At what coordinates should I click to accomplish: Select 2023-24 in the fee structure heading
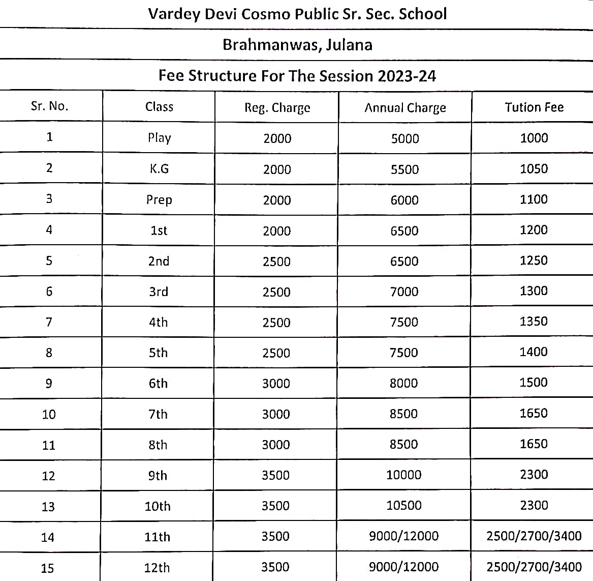tap(407, 76)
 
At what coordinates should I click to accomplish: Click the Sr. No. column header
tap(49, 106)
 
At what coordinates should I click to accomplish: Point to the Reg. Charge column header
tap(277, 108)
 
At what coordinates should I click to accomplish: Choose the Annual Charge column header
tap(405, 108)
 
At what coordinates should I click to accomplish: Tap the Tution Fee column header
tap(534, 107)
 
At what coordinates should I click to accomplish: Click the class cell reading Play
tap(159, 138)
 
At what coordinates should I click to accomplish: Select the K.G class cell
tap(159, 169)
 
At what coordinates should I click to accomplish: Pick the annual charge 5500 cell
tap(404, 169)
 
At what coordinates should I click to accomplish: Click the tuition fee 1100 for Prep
tap(534, 199)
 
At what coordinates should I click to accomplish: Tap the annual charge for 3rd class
tap(404, 292)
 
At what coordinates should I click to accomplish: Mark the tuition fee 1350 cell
tap(534, 322)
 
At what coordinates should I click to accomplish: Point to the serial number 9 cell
tap(49, 384)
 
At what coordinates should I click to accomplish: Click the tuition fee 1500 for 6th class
tap(534, 383)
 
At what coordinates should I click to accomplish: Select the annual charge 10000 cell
tap(403, 475)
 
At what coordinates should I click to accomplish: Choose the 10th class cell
tap(158, 506)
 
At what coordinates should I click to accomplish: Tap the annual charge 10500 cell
tap(403, 506)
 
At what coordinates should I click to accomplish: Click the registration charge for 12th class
tap(275, 567)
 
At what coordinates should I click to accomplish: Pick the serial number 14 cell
tap(48, 537)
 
